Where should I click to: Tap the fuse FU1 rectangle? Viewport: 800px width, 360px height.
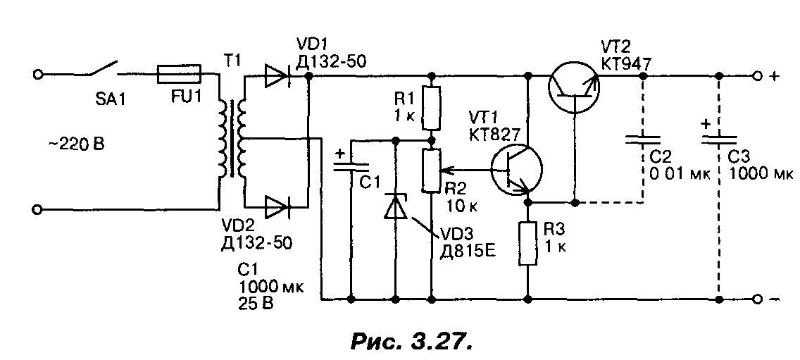180,73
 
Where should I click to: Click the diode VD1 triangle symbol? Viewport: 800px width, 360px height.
277,75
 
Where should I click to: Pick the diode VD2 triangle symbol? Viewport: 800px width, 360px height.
277,208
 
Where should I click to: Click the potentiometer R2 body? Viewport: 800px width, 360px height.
430,170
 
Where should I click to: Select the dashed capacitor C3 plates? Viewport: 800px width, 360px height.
719,138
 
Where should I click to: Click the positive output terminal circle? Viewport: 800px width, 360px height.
757,75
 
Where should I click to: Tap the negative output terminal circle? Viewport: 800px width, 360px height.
757,299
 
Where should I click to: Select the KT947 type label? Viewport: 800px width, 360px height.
627,63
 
